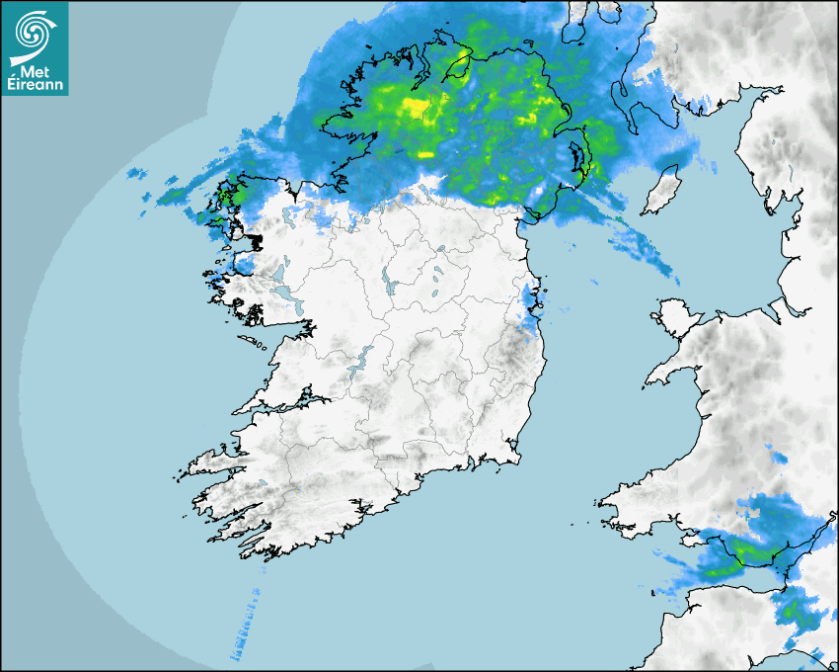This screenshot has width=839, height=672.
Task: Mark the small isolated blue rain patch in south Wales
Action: tap(776, 457)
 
